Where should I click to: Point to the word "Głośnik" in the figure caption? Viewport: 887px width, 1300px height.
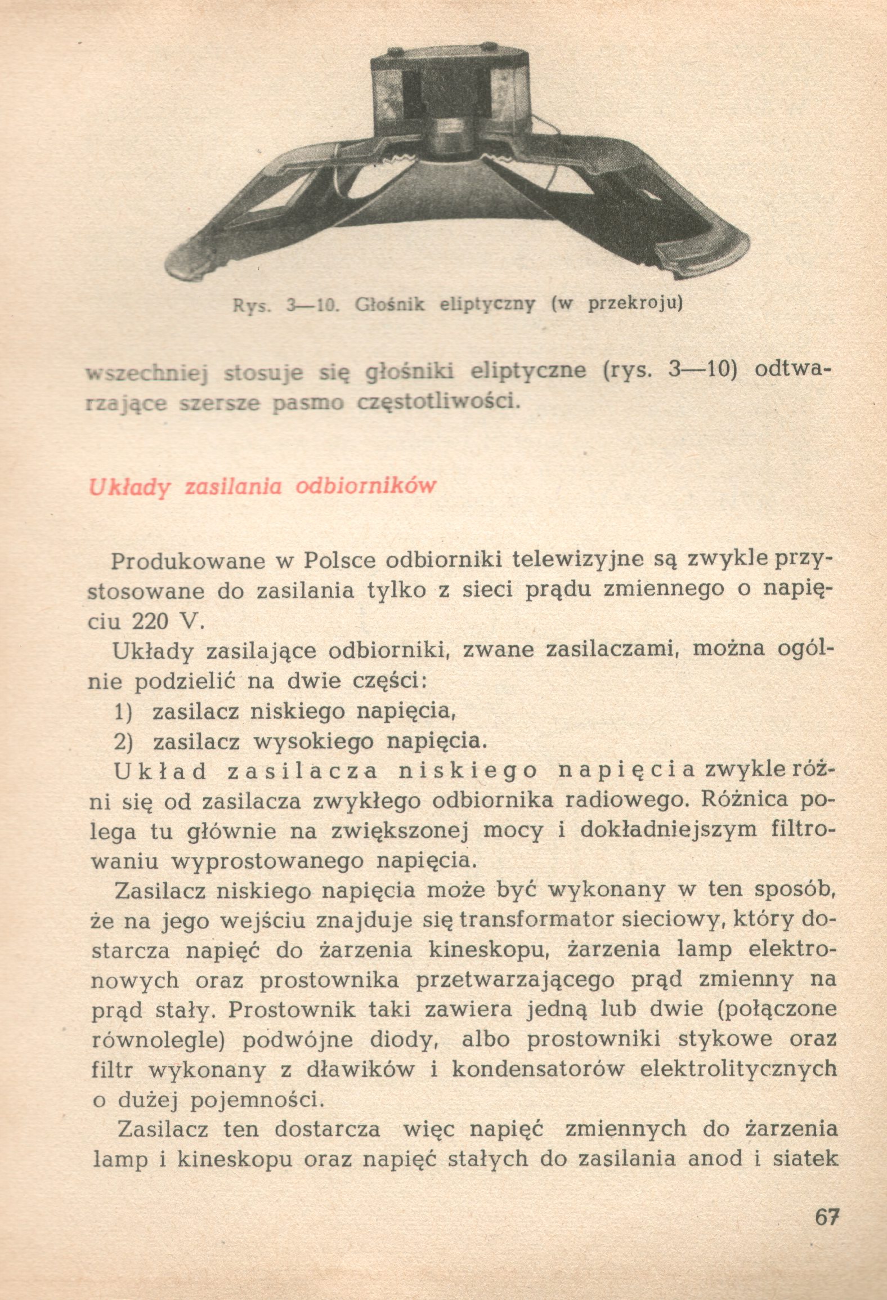[x=389, y=305]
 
